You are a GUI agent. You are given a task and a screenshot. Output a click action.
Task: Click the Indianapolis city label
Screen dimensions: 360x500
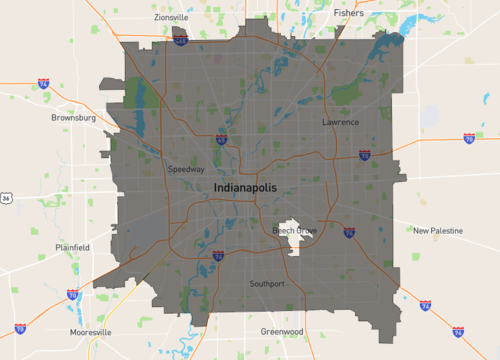click(x=249, y=188)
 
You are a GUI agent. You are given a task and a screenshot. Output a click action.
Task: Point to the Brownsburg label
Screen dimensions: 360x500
click(x=73, y=117)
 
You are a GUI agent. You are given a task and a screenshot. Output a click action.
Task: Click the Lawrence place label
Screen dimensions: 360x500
click(x=340, y=122)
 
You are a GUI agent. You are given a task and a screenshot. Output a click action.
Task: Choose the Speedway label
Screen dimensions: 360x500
click(x=187, y=169)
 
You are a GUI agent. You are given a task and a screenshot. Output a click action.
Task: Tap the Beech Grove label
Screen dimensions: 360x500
click(x=294, y=231)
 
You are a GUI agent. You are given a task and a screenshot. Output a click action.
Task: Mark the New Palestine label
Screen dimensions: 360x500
click(x=438, y=230)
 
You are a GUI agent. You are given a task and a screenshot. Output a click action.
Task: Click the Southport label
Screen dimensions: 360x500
click(x=267, y=284)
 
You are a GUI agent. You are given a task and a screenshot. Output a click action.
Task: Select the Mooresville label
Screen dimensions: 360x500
click(x=91, y=331)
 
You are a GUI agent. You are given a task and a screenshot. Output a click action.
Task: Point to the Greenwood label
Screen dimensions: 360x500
click(x=281, y=331)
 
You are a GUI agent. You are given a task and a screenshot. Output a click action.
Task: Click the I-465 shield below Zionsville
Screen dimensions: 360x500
click(x=180, y=41)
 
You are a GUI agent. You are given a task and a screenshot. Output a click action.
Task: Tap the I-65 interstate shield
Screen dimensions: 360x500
click(x=221, y=141)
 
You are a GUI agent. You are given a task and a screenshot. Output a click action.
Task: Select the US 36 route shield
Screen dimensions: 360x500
click(x=5, y=199)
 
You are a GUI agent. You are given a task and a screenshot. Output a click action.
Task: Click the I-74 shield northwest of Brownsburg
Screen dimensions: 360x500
click(x=44, y=84)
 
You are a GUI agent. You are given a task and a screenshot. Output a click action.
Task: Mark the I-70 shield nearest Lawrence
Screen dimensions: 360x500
click(x=365, y=155)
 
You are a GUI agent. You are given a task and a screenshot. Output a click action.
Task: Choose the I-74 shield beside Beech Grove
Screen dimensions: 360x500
click(x=348, y=232)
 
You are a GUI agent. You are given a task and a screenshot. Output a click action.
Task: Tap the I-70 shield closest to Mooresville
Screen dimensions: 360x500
click(x=72, y=295)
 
